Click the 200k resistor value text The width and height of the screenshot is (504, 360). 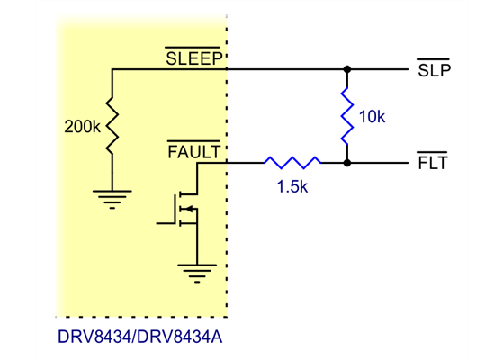83,128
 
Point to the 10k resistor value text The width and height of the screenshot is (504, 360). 372,118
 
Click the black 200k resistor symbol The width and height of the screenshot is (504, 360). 112,127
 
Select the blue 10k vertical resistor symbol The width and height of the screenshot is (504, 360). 346,116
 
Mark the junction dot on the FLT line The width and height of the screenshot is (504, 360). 346,163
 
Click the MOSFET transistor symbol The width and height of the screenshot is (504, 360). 187,210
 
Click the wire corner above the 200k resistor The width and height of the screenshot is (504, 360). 112,69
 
